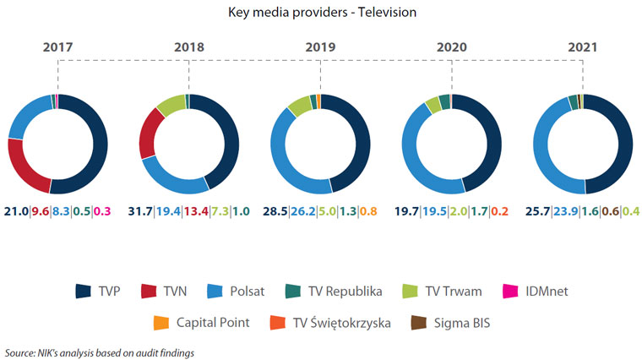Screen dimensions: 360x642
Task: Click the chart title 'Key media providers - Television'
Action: tap(321, 14)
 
